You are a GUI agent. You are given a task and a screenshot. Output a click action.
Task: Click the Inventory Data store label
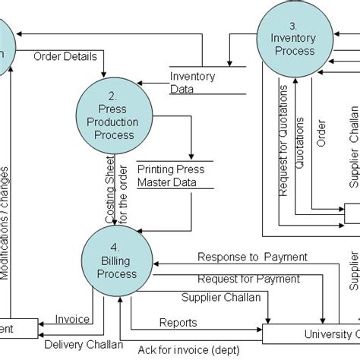pyautogui.click(x=192, y=82)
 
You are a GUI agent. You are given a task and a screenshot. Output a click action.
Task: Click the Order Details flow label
pyautogui.click(x=65, y=55)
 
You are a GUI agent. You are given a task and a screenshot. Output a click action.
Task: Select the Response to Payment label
pyautogui.click(x=252, y=257)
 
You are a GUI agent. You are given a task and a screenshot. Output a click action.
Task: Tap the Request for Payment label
pyautogui.click(x=248, y=279)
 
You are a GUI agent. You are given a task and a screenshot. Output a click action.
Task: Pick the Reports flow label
pyautogui.click(x=178, y=322)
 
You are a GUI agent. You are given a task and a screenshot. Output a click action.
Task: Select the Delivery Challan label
pyautogui.click(x=84, y=346)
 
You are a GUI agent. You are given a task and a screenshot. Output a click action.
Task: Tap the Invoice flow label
pyautogui.click(x=73, y=320)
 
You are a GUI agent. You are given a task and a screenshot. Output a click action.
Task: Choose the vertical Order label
pyautogui.click(x=321, y=131)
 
